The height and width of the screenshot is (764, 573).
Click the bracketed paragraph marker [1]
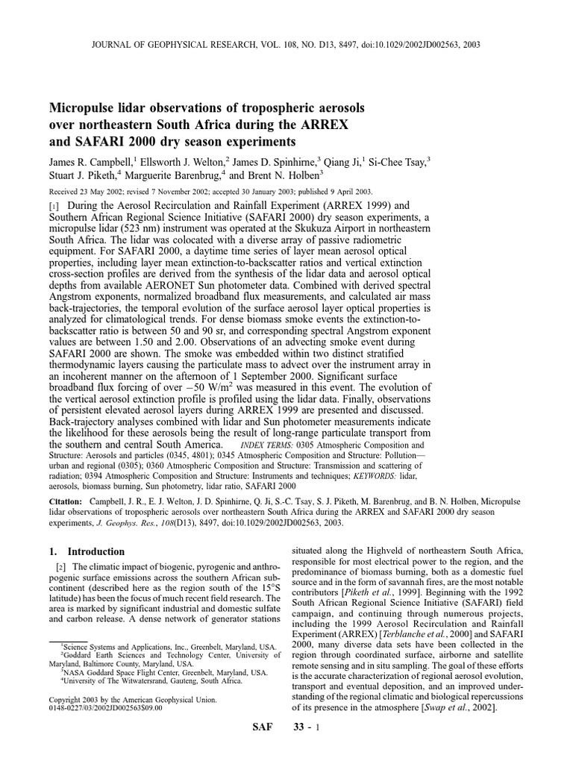[53, 204]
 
